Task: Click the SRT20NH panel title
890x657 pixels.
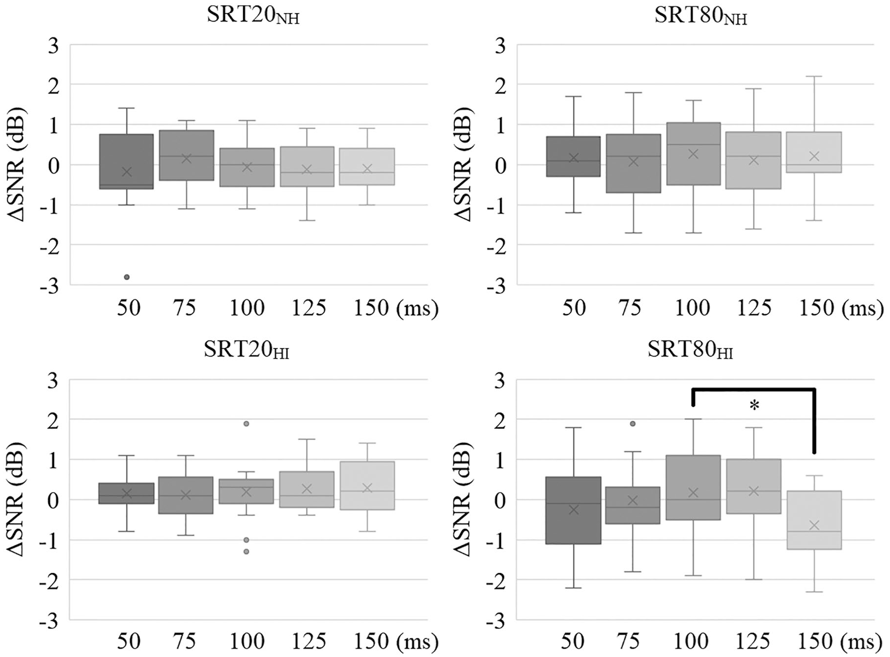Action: pyautogui.click(x=253, y=16)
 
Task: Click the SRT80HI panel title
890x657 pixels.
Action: pyautogui.click(x=690, y=350)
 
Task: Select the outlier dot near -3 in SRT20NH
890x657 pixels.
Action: pyautogui.click(x=127, y=277)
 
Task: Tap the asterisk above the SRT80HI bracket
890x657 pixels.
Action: pyautogui.click(x=754, y=405)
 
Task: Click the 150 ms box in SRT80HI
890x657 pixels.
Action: pyautogui.click(x=814, y=520)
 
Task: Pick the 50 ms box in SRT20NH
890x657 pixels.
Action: pyautogui.click(x=127, y=161)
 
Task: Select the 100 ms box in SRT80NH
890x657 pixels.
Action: pyautogui.click(x=693, y=154)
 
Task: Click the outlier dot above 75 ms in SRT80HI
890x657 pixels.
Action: pyautogui.click(x=633, y=423)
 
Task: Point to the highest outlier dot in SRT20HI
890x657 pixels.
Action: pyautogui.click(x=247, y=423)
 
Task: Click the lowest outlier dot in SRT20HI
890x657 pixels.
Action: pyautogui.click(x=247, y=552)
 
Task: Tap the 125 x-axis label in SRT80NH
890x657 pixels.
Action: pyautogui.click(x=754, y=308)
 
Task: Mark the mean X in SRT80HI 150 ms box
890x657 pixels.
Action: pyautogui.click(x=814, y=526)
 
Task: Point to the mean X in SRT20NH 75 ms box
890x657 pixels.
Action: pyautogui.click(x=186, y=158)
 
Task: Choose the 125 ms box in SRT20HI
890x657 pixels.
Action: pyautogui.click(x=306, y=490)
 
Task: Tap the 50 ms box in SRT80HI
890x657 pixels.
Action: pyautogui.click(x=573, y=510)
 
